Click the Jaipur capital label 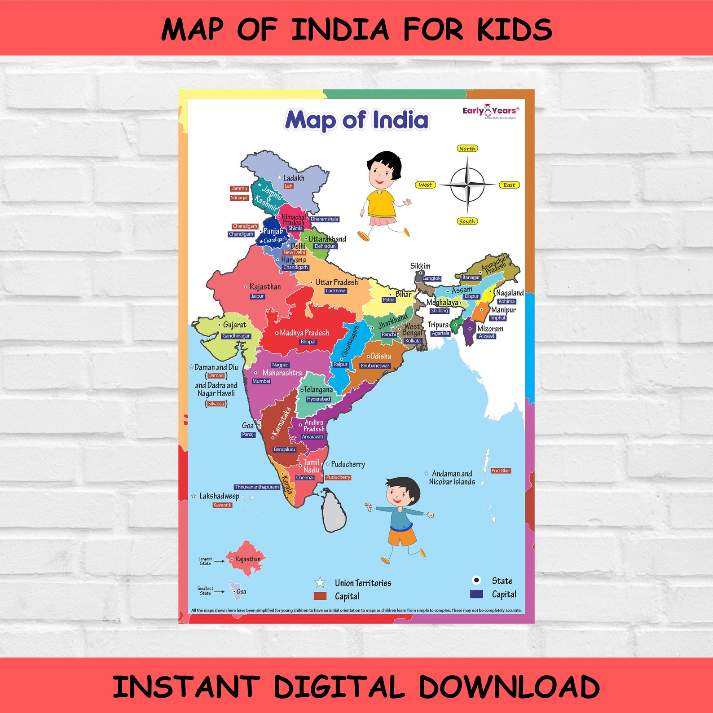257,296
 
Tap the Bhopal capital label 308,342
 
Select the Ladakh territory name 294,178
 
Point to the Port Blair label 500,471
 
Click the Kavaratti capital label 222,505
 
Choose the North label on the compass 467,149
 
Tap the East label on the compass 509,185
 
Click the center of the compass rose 467,185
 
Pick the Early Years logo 490,111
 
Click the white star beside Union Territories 320,583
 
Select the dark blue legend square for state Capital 476,594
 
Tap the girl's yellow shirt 380,203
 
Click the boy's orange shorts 402,536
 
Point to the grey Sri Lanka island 334,511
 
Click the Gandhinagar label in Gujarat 236,336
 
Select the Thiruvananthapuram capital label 257,487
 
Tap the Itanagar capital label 471,277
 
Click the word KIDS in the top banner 515,30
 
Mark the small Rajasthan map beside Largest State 245,559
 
